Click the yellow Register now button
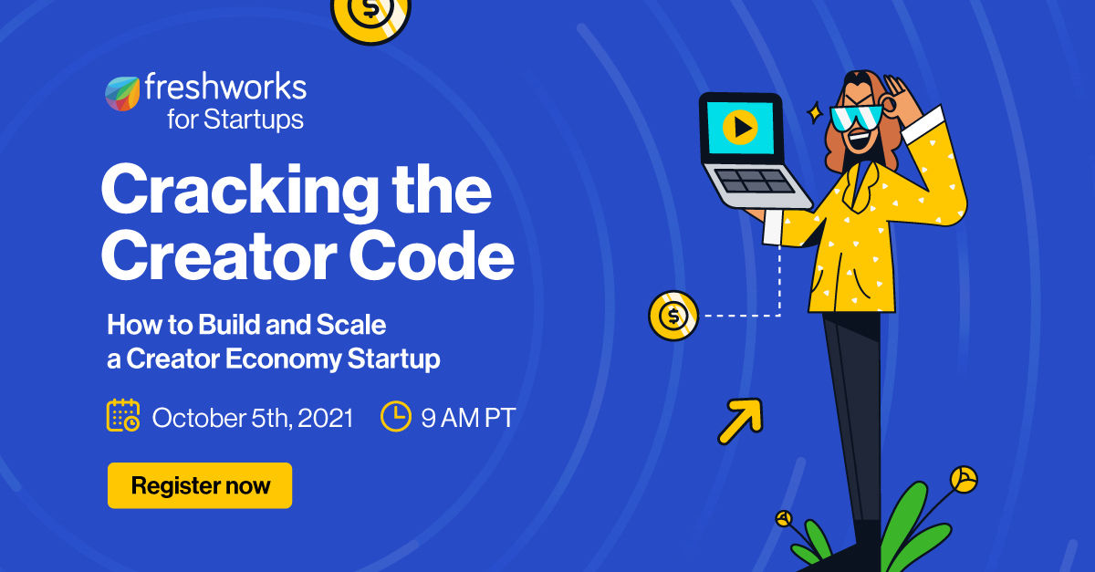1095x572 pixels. click(200, 485)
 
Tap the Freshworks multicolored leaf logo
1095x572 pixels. click(122, 93)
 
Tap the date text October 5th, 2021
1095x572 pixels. click(252, 418)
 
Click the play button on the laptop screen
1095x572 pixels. click(739, 128)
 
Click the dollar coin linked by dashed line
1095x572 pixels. click(673, 316)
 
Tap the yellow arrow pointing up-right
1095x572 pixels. click(740, 421)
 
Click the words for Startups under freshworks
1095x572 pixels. click(235, 120)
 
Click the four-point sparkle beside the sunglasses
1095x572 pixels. click(815, 114)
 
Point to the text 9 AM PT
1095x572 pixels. click(468, 418)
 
